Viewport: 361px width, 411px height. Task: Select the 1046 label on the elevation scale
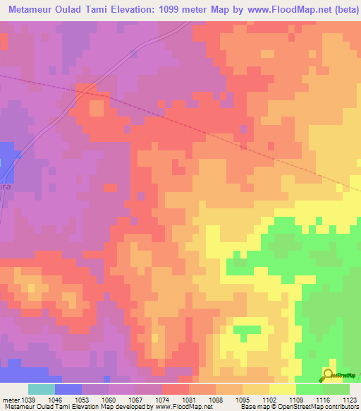point(55,400)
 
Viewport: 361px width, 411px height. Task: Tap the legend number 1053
point(82,400)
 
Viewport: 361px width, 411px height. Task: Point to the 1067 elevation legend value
point(137,400)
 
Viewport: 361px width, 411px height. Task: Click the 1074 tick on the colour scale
point(164,400)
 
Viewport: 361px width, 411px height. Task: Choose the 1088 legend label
point(217,400)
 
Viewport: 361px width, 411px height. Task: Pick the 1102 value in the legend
point(271,400)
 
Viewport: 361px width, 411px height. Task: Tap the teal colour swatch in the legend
point(42,389)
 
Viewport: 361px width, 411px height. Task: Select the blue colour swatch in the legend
point(68,389)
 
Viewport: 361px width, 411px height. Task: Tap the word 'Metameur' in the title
point(32,9)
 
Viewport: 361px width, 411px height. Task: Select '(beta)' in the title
point(343,9)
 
